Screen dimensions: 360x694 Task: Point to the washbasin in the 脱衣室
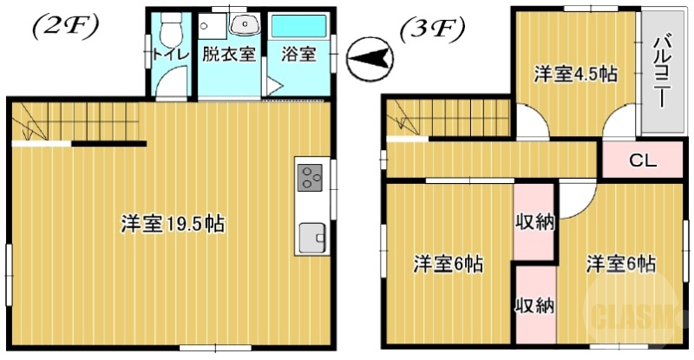point(245,25)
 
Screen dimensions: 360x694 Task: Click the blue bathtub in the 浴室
point(298,26)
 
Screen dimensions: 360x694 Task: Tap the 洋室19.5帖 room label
point(173,224)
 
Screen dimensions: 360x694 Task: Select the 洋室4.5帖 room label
point(574,75)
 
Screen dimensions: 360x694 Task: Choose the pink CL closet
point(642,160)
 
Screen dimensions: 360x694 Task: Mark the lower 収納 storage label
point(534,305)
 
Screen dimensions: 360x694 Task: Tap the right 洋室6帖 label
point(619,263)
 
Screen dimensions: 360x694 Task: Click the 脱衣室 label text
point(229,54)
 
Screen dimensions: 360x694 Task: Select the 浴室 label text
point(298,54)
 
